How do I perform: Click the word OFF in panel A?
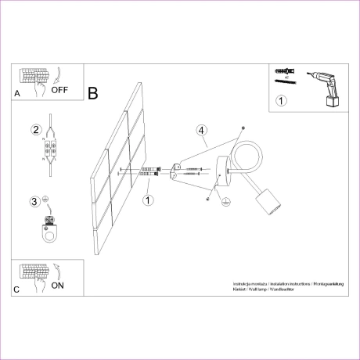point(60,90)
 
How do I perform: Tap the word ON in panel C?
point(57,286)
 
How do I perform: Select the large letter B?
point(93,94)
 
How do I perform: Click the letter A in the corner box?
point(17,93)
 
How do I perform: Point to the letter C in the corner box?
point(17,290)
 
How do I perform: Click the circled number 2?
point(35,129)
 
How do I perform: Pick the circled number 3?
point(34,201)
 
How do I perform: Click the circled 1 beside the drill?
point(282,99)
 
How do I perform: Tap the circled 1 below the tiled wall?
point(148,199)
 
